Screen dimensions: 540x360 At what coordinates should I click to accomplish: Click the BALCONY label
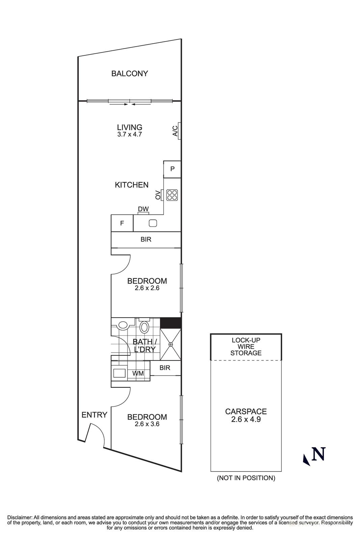pyautogui.click(x=130, y=74)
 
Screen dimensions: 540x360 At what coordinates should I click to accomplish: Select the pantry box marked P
pyautogui.click(x=172, y=169)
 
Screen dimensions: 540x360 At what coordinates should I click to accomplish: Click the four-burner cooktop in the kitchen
pyautogui.click(x=172, y=195)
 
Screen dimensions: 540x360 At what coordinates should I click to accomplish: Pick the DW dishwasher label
pyautogui.click(x=143, y=209)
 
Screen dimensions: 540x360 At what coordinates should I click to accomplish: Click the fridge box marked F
pyautogui.click(x=122, y=223)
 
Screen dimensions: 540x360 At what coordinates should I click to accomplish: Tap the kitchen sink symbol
pyautogui.click(x=153, y=223)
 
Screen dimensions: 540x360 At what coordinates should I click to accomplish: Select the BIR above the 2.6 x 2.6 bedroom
pyautogui.click(x=146, y=240)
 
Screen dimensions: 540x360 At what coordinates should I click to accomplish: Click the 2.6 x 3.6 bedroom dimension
pyautogui.click(x=147, y=424)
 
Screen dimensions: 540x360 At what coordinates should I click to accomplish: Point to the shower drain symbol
pyautogui.click(x=171, y=344)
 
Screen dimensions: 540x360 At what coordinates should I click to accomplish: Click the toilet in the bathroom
pyautogui.click(x=144, y=326)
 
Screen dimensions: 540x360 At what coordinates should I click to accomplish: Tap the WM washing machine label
pyautogui.click(x=138, y=374)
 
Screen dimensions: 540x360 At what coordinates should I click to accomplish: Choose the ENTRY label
pyautogui.click(x=94, y=415)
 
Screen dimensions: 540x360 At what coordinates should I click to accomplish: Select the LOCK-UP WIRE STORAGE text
pyautogui.click(x=246, y=347)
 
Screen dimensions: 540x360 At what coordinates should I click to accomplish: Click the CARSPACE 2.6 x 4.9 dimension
pyautogui.click(x=246, y=420)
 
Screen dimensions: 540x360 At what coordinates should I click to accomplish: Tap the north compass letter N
pyautogui.click(x=319, y=454)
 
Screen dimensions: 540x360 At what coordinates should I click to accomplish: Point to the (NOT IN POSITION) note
pyautogui.click(x=246, y=478)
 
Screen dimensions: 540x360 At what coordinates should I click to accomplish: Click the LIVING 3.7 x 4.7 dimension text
pyautogui.click(x=130, y=134)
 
